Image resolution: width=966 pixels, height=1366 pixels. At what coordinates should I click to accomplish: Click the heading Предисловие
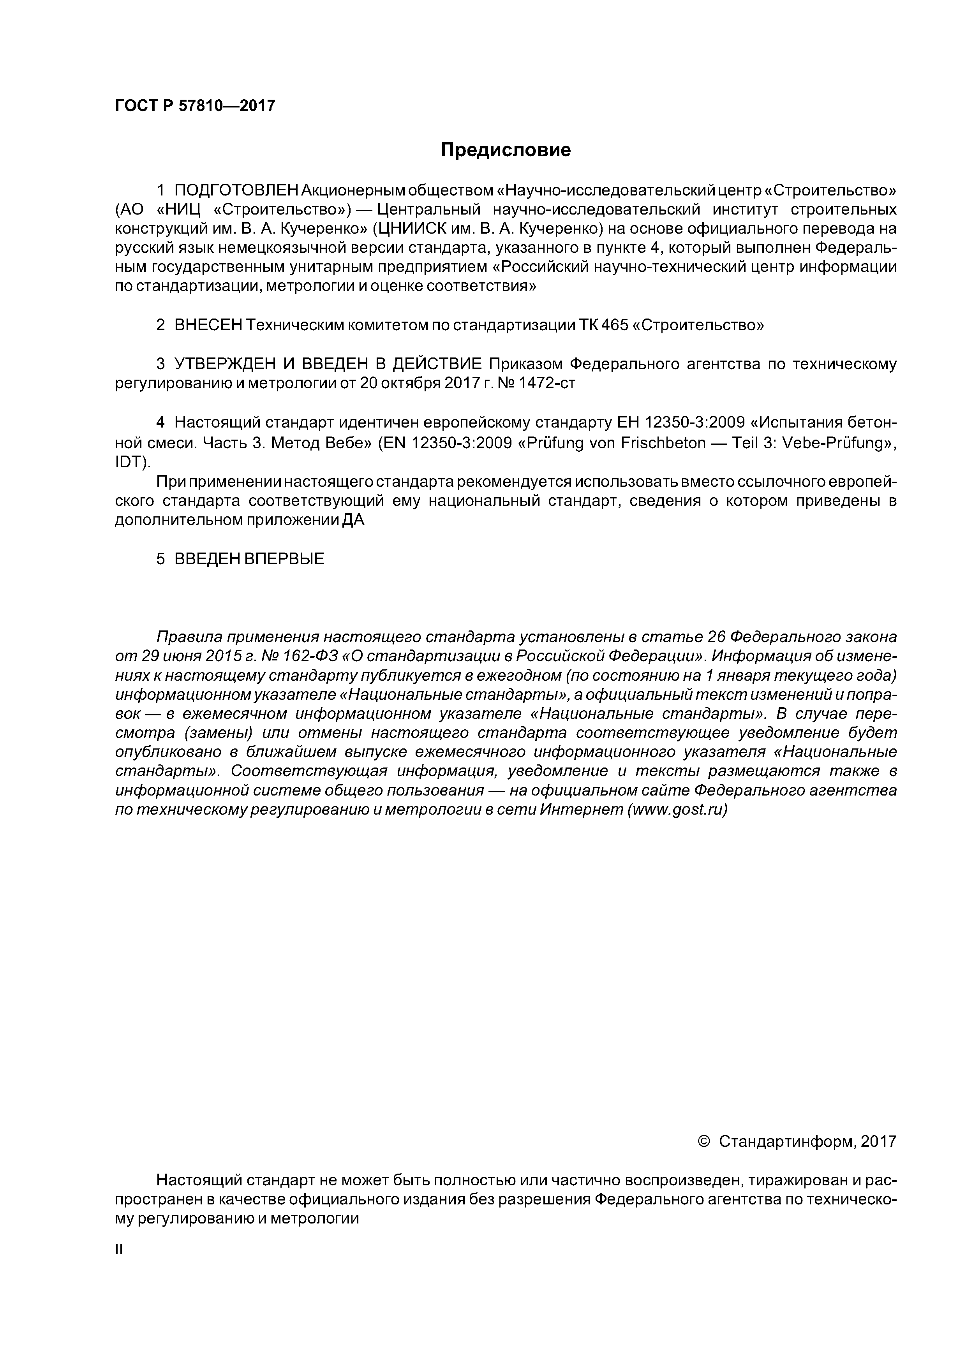(505, 150)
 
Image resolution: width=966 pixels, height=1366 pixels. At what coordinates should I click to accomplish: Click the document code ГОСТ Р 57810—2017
(195, 106)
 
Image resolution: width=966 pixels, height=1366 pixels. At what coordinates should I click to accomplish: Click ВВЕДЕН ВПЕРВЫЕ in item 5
(249, 559)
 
